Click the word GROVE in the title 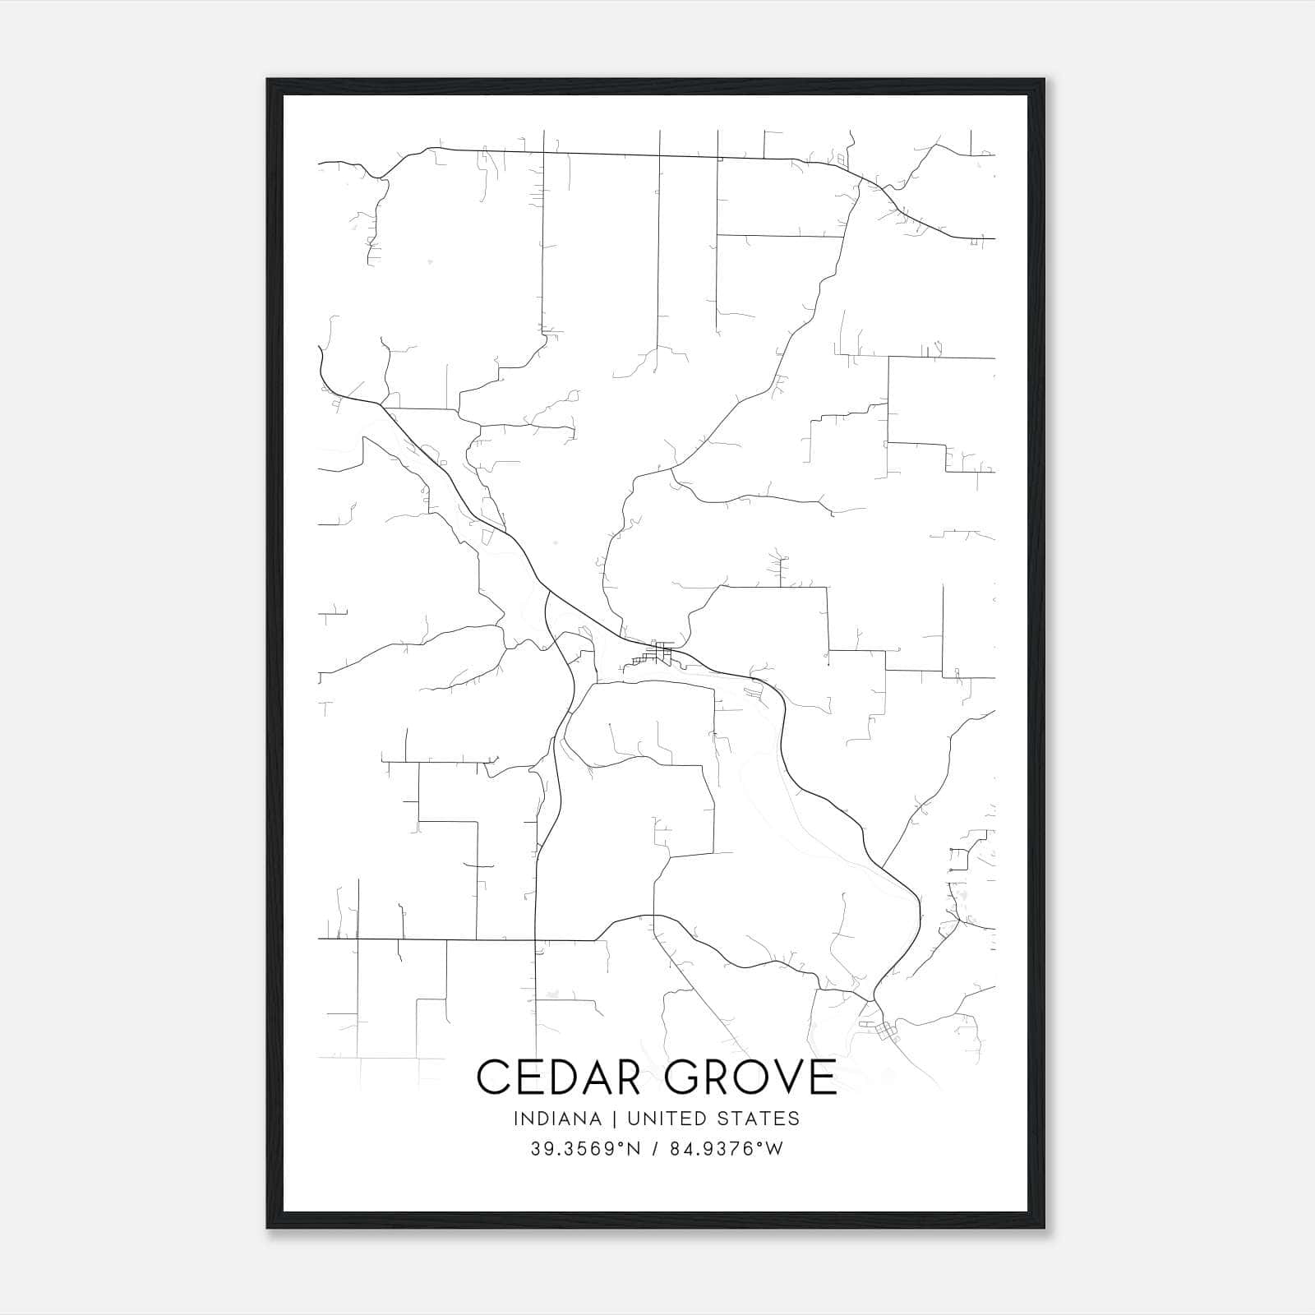(x=750, y=1077)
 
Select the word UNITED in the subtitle (x=666, y=1119)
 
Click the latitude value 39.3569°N (x=584, y=1149)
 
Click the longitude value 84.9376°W (x=724, y=1149)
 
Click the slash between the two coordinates (x=655, y=1149)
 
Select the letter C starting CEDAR (x=493, y=1077)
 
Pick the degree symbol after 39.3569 (x=615, y=1143)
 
